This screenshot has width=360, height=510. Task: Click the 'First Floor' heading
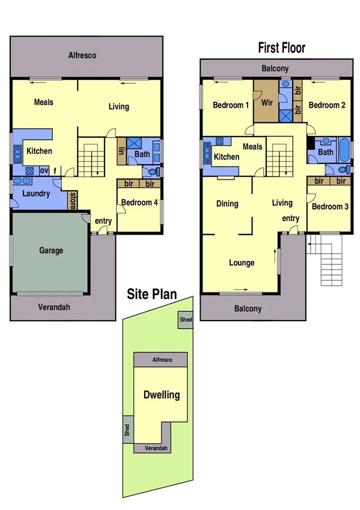(281, 48)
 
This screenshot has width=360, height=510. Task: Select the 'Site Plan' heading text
(151, 294)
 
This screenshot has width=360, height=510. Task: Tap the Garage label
(51, 250)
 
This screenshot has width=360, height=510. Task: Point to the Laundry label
(36, 194)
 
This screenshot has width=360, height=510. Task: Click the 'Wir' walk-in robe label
(267, 103)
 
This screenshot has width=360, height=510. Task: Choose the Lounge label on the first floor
(242, 262)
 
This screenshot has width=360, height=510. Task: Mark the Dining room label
(227, 203)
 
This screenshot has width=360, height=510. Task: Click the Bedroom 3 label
(328, 206)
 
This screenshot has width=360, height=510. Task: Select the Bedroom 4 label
(139, 203)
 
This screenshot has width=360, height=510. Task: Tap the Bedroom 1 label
(231, 105)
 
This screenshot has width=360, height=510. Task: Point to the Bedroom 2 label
(327, 105)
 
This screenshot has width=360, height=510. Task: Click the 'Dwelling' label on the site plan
(161, 395)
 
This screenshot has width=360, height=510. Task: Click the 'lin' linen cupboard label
(121, 151)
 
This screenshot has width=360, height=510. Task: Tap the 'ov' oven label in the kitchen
(44, 171)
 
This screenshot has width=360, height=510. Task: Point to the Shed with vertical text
(127, 429)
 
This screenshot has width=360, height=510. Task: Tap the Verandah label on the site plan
(156, 449)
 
